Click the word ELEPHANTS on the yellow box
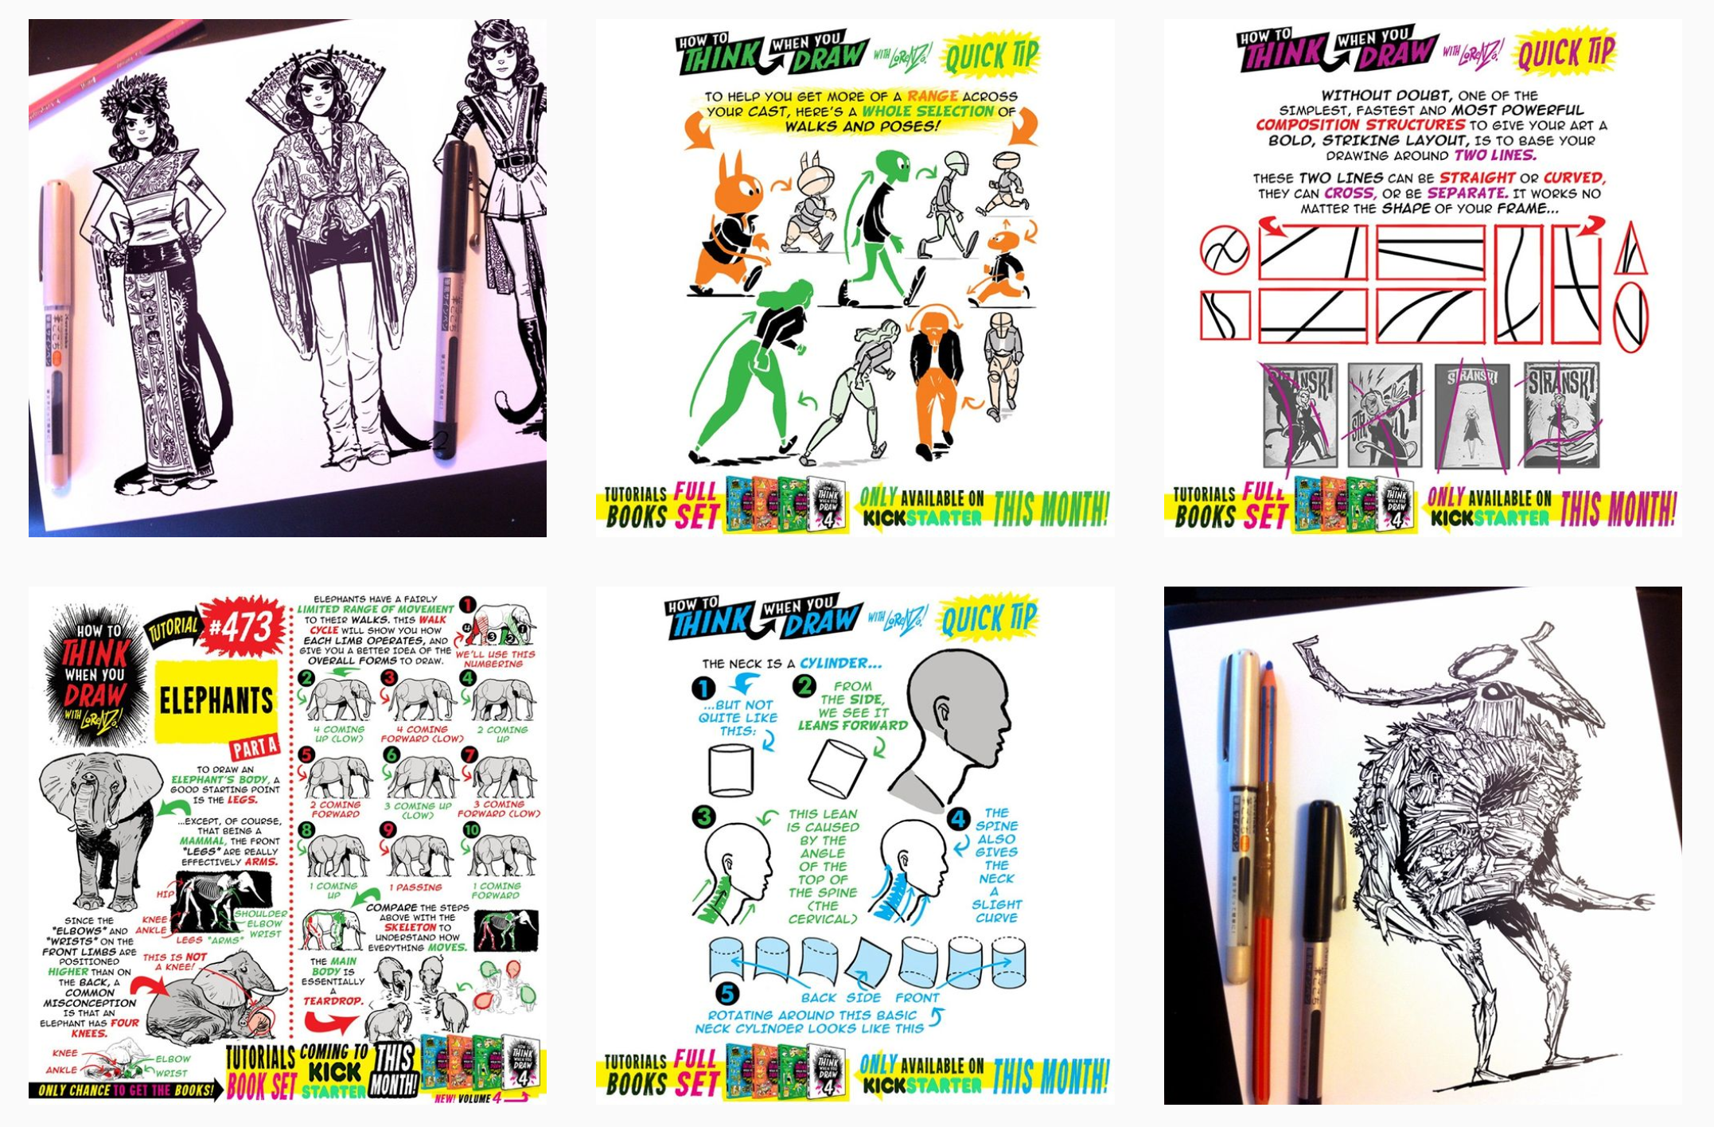216,700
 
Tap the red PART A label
254,747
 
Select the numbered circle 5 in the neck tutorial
726,992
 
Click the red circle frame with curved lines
1224,250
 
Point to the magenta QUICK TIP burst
1564,52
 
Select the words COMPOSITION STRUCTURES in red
1359,125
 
